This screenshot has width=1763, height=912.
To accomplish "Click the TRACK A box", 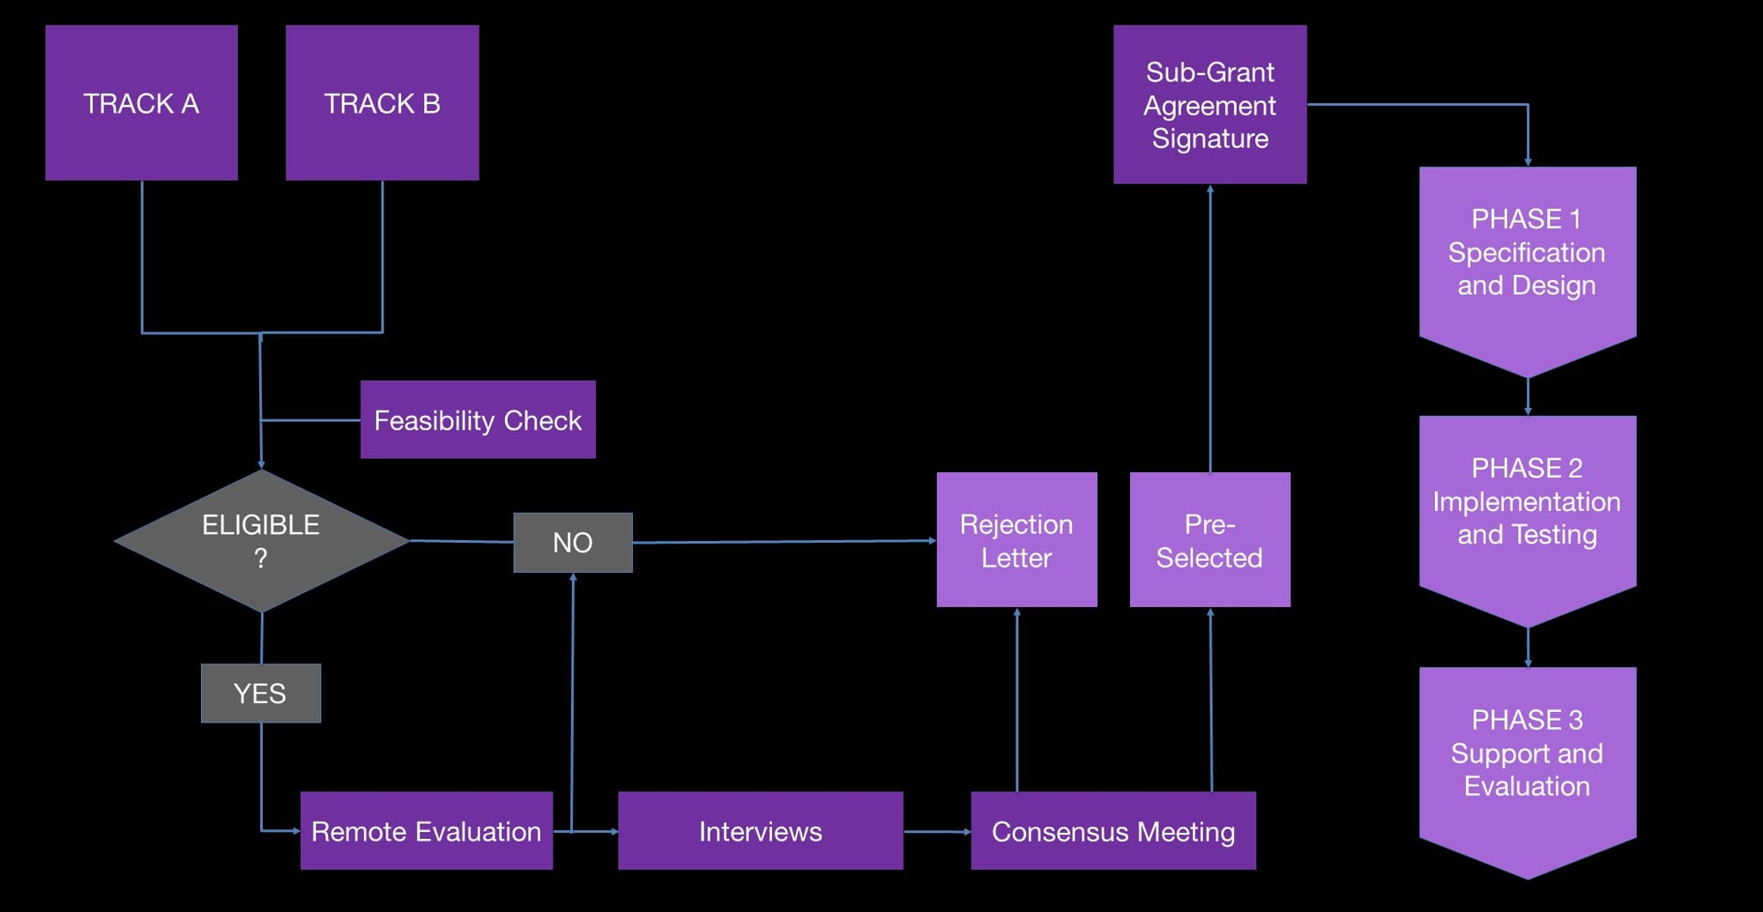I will pyautogui.click(x=141, y=103).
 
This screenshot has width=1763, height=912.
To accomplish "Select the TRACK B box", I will pyautogui.click(x=382, y=103).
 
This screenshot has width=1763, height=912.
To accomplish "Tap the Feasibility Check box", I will pyautogui.click(x=478, y=419).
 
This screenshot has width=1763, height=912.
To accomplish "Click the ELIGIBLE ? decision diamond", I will pyautogui.click(x=261, y=541).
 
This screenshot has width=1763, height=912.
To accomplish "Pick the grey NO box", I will pyautogui.click(x=573, y=543).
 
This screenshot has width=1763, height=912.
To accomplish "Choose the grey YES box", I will pyautogui.click(x=260, y=693).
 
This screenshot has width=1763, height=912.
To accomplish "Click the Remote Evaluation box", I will pyautogui.click(x=426, y=831).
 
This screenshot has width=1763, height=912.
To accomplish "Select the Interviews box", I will pyautogui.click(x=760, y=831).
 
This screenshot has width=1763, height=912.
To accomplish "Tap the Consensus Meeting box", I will pyautogui.click(x=1113, y=831).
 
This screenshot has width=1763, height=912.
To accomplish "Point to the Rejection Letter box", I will pyautogui.click(x=1016, y=540).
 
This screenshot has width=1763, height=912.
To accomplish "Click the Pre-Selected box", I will pyautogui.click(x=1209, y=540).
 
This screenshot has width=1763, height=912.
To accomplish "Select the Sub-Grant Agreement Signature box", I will pyautogui.click(x=1209, y=104).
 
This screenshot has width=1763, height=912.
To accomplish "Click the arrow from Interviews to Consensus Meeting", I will pyautogui.click(x=937, y=831).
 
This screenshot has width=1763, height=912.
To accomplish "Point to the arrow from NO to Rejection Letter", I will pyautogui.click(x=785, y=542).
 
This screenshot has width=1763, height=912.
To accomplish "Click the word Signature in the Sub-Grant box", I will pyautogui.click(x=1210, y=138).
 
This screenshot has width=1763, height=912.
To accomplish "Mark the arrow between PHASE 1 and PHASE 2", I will pyautogui.click(x=1528, y=397).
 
